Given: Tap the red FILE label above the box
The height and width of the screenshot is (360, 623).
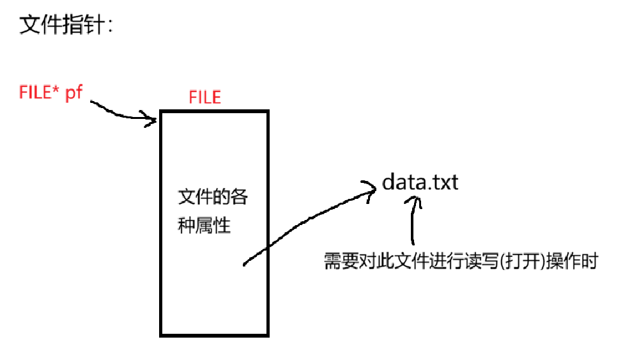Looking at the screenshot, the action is pos(204,97).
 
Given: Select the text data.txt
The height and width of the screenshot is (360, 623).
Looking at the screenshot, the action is pos(420,182).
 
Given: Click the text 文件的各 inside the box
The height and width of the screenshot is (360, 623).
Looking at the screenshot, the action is pos(212,198).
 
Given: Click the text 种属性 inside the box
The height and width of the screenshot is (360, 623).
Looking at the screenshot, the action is pos(204,226).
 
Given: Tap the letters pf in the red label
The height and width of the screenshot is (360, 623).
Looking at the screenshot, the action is pos(75,94).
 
